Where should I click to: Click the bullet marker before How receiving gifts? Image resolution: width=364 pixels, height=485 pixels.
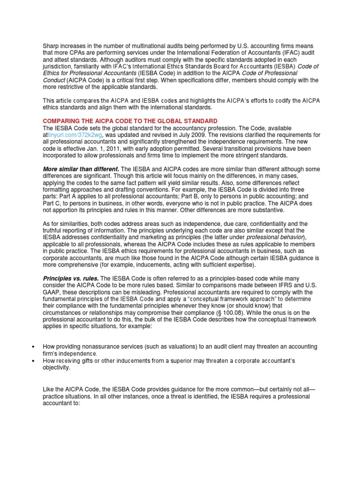coord(33,361)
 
